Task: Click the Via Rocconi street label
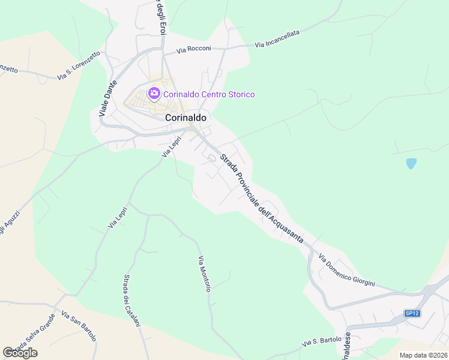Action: (x=194, y=49)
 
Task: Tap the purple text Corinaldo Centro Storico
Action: (x=209, y=94)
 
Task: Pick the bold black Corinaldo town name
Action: (x=185, y=118)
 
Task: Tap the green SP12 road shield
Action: (x=411, y=313)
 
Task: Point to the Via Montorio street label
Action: (x=204, y=274)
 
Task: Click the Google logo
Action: (x=20, y=353)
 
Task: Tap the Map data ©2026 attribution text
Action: (x=423, y=355)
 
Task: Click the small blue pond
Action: (x=411, y=163)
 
